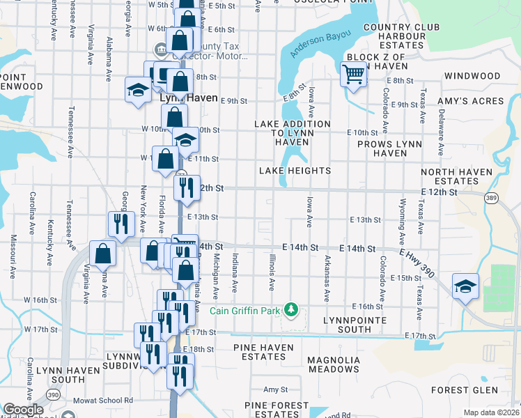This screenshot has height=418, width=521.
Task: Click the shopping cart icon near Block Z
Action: [354, 73]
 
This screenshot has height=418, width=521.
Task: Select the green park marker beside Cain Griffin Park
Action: [294, 309]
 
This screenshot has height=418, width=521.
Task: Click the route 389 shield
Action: [492, 199]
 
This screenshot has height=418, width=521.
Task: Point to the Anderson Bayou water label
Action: [322, 43]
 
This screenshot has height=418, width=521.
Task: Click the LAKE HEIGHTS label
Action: [295, 171]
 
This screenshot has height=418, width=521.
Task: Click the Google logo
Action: [24, 410]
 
